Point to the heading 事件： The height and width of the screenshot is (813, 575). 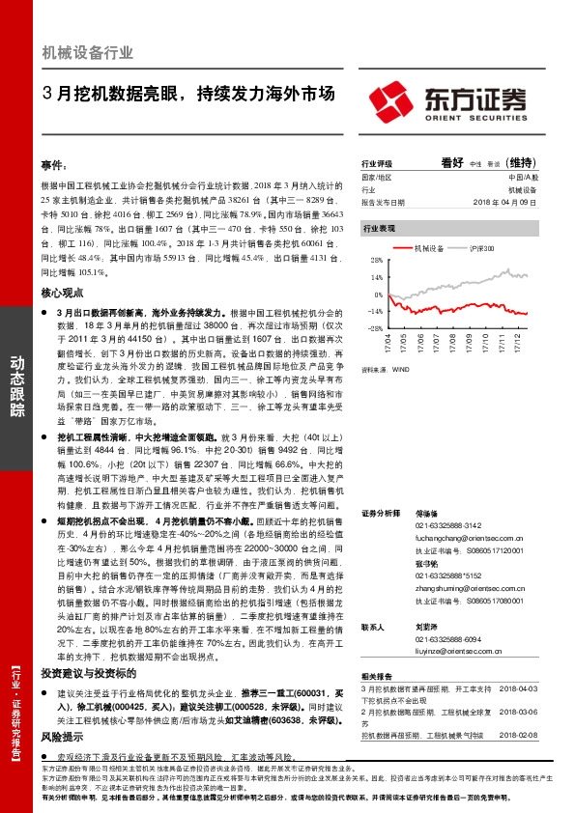tap(53, 166)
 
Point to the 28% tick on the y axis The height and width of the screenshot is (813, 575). tap(376, 261)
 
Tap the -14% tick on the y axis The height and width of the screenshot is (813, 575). tap(375, 312)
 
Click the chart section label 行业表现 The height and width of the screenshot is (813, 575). tap(379, 228)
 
